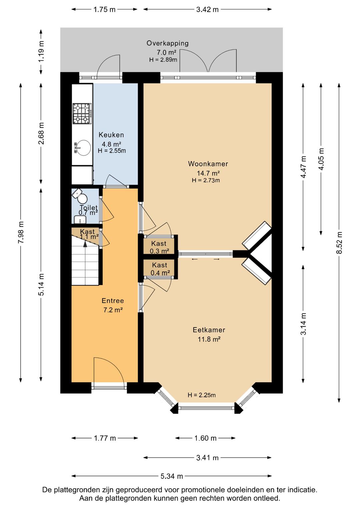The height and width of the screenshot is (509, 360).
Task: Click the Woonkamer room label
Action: (208, 164)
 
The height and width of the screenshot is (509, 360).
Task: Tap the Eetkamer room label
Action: (209, 330)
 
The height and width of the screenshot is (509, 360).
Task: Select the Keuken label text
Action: (111, 135)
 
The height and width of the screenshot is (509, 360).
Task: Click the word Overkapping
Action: (167, 43)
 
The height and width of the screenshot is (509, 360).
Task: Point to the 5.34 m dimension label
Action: (172, 476)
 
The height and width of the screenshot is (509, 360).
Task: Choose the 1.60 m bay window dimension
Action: (205, 438)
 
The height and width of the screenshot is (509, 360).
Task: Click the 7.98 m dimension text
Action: (21, 232)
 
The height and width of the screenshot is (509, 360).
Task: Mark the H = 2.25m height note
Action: (202, 395)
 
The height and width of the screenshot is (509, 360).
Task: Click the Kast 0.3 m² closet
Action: (159, 246)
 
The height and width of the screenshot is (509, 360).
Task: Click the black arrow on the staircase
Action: (85, 244)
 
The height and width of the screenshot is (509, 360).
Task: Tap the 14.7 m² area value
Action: (208, 173)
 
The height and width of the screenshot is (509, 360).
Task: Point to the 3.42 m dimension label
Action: (207, 9)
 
